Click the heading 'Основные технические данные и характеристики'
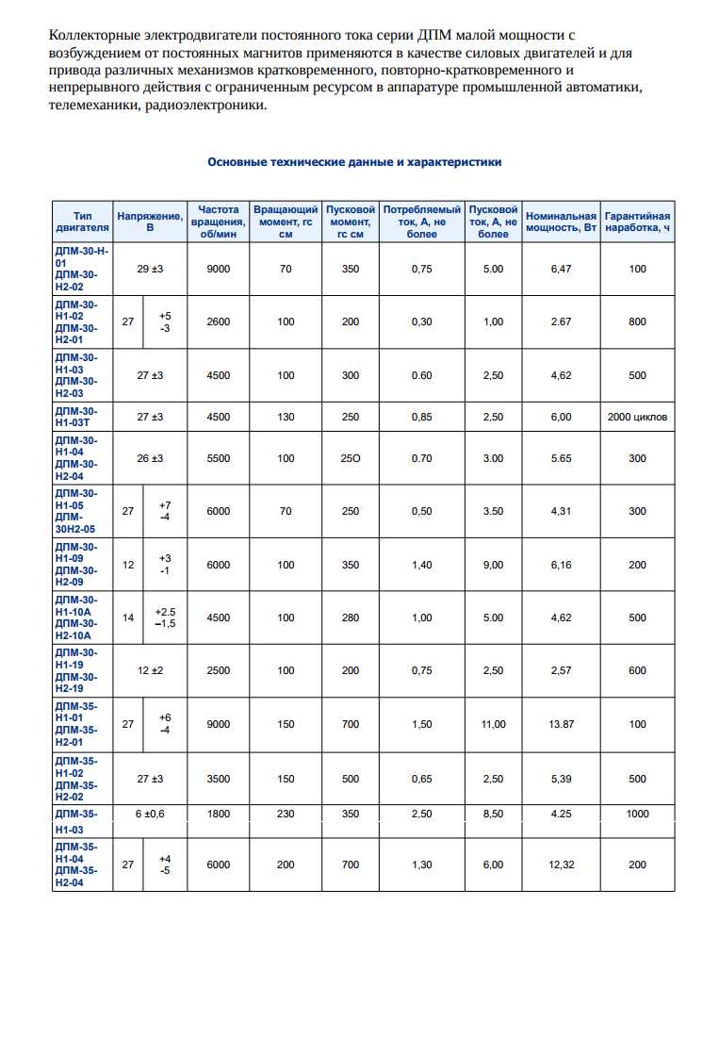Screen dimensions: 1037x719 pyautogui.click(x=354, y=162)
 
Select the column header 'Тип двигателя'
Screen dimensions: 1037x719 pyautogui.click(x=83, y=221)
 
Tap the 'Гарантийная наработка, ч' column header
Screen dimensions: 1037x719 pyautogui.click(x=637, y=221)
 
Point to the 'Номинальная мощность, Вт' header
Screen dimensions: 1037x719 pyautogui.click(x=561, y=221)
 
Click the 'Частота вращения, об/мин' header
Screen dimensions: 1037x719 pyautogui.click(x=218, y=221)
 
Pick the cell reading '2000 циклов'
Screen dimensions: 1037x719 pyautogui.click(x=637, y=417)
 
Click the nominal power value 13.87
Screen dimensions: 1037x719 pyautogui.click(x=561, y=724)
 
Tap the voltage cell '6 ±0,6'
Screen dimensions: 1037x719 pyautogui.click(x=150, y=814)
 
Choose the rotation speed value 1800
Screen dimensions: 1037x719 pyautogui.click(x=218, y=814)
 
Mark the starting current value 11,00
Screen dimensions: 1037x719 pyautogui.click(x=493, y=724)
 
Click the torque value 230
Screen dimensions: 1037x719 pyautogui.click(x=286, y=814)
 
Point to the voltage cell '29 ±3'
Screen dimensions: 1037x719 pyautogui.click(x=150, y=269)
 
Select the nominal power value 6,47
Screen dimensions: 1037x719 pyautogui.click(x=561, y=269)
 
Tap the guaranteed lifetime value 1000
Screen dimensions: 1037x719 pyautogui.click(x=637, y=814)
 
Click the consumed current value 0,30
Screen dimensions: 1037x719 pyautogui.click(x=421, y=321)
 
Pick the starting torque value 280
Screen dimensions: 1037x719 pyautogui.click(x=351, y=617)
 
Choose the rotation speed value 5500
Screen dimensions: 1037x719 pyautogui.click(x=218, y=458)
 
